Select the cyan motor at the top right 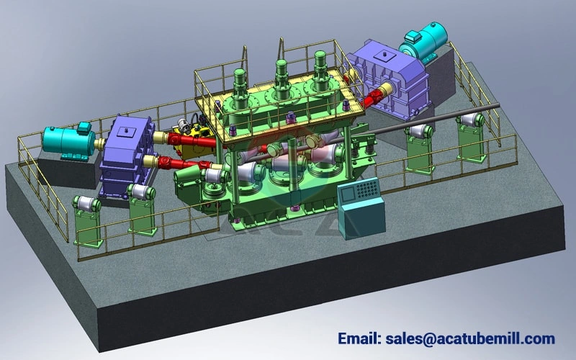click(x=423, y=41)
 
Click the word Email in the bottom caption click(x=359, y=338)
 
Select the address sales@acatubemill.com click(x=470, y=339)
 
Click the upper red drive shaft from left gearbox click(x=191, y=140)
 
